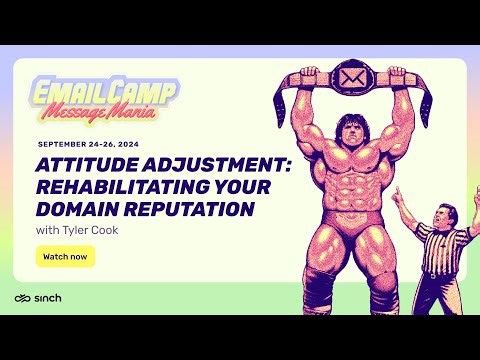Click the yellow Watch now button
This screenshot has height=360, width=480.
tap(65, 256)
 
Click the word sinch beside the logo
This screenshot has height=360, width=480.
tap(46, 299)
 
